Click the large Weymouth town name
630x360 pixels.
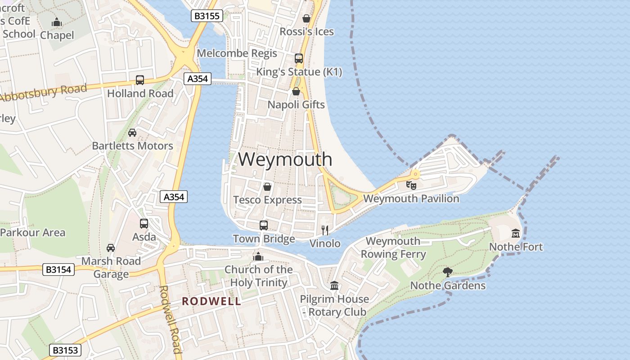coord(285,159)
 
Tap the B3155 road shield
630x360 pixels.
coord(207,16)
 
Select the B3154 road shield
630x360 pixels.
coord(58,270)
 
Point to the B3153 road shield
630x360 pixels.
coord(65,350)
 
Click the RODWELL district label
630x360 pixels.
coord(211,301)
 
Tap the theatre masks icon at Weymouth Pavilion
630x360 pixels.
coord(411,185)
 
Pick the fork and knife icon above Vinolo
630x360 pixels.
coord(325,230)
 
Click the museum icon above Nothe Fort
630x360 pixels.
coord(516,233)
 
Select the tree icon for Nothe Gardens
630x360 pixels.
coord(447,272)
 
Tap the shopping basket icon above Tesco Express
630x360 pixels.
coord(267,186)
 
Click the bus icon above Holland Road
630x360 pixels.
coord(140,80)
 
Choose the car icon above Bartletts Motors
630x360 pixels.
coord(132,133)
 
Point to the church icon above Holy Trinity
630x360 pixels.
coord(258,256)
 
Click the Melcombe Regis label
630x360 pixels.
coord(237,53)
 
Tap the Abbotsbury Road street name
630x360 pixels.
coord(44,93)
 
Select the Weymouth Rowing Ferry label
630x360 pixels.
coord(393,247)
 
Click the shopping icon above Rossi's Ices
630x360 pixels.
coord(306,18)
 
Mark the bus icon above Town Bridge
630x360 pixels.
coord(264,225)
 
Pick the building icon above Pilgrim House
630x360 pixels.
coord(334,286)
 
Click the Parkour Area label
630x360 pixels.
coord(33,233)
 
